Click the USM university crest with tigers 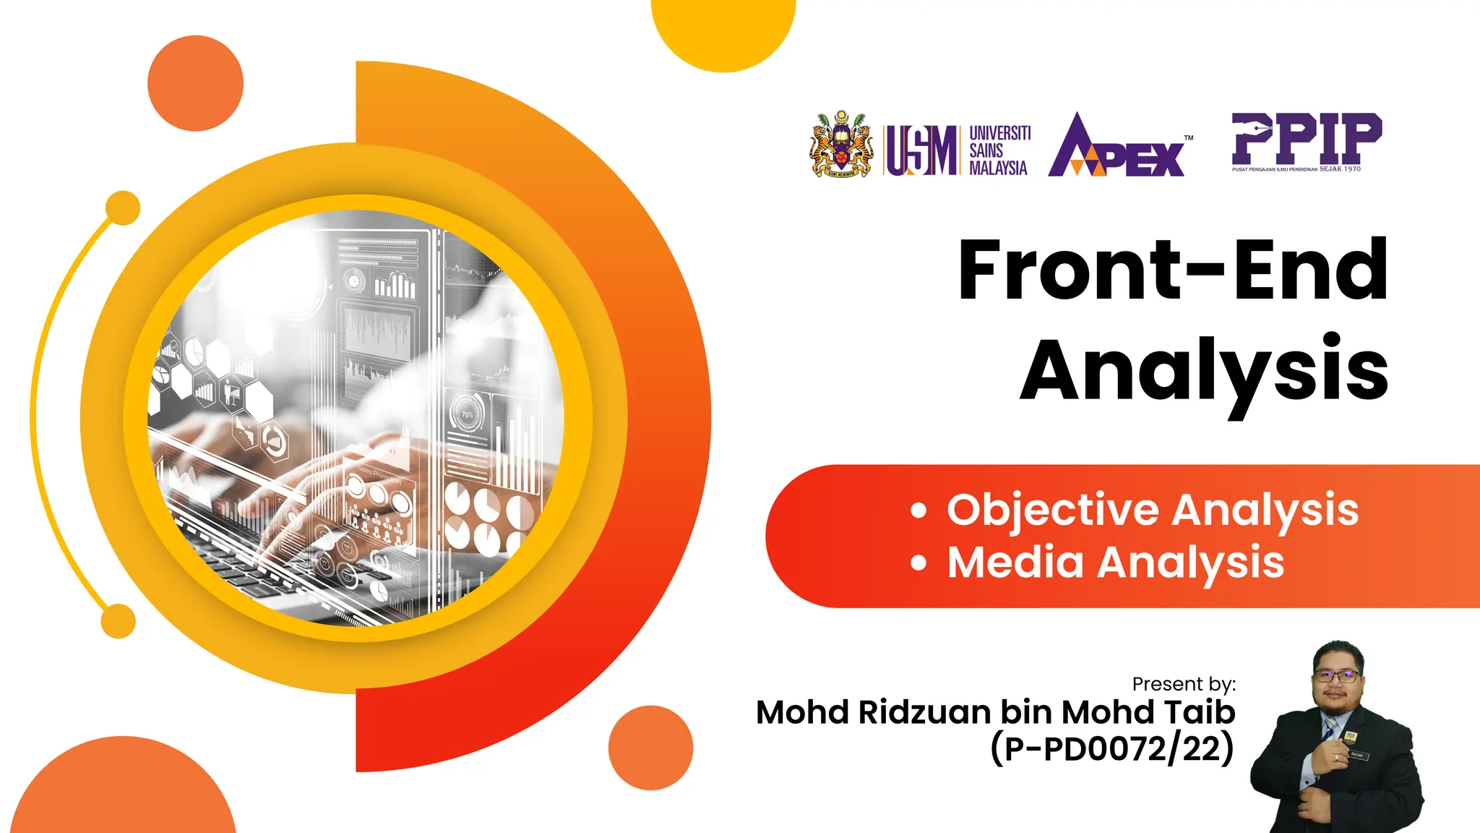coord(840,145)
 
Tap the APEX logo coord(1117,147)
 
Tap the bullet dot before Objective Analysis coord(918,511)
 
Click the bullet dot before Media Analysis coord(918,563)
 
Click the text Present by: coord(1184,684)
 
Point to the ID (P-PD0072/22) coord(1112,748)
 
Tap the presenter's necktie coord(1329,727)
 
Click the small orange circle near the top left coord(195,83)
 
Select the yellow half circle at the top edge coord(723,29)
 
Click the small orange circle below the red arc coord(650,748)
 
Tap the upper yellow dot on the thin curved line coord(123,208)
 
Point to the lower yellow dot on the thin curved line coord(119,621)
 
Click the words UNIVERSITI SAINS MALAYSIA coord(999,150)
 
